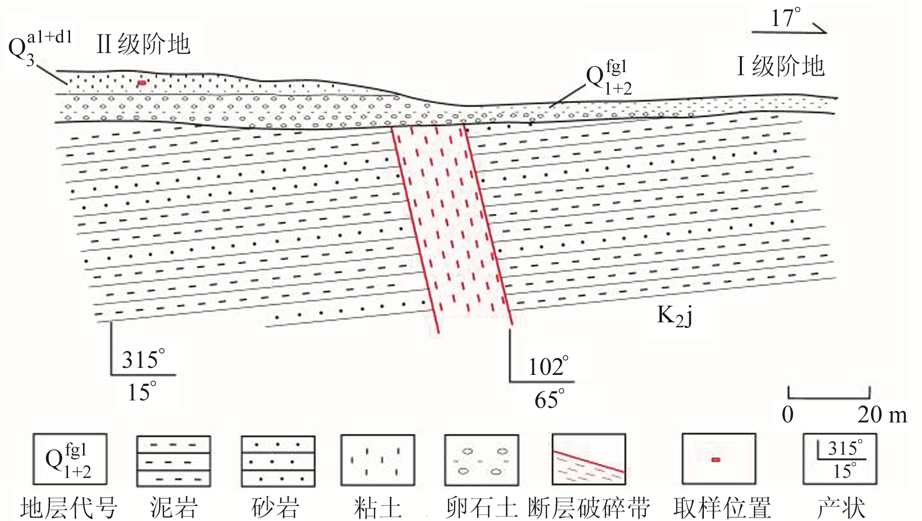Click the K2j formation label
pos(674,316)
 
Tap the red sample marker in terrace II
pos(142,83)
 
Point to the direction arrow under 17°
pos(789,31)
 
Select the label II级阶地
pos(144,45)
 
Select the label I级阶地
pos(780,66)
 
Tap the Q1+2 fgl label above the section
pos(608,78)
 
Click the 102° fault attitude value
pos(548,367)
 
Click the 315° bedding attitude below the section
pos(143,359)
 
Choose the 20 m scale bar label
pos(881,414)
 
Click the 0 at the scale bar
pos(787,414)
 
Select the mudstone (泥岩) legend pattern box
pos(174,461)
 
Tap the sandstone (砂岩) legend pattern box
pos(278,461)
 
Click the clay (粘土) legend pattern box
pos(378,460)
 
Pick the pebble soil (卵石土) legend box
pos(481,460)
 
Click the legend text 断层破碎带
pos(589,508)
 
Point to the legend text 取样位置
pos(721,508)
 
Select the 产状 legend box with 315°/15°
pos(839,459)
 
